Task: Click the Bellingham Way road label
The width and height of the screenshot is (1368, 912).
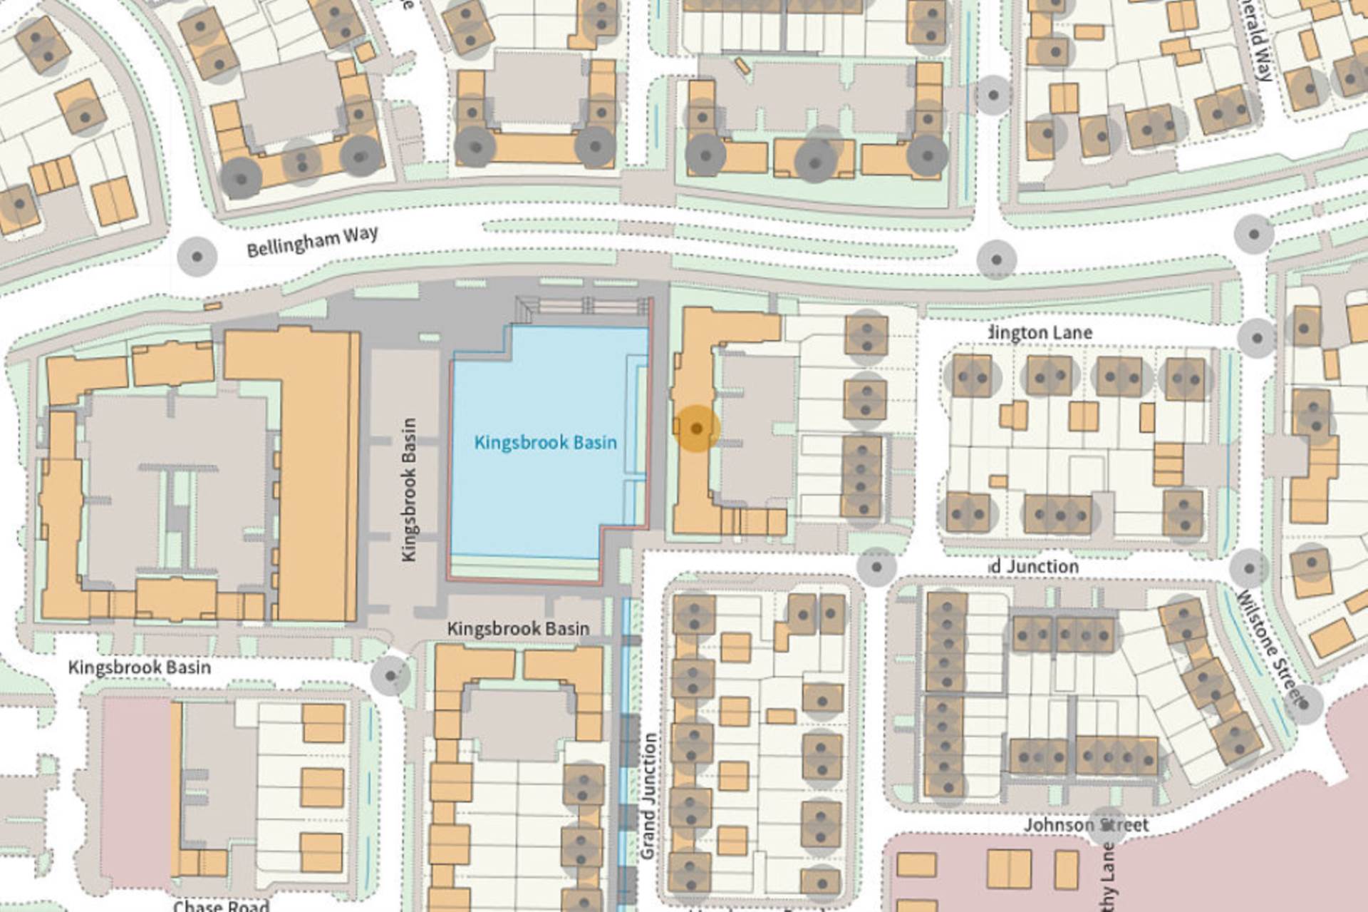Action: click(x=312, y=241)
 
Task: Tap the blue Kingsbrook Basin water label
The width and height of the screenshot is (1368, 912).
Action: click(x=545, y=443)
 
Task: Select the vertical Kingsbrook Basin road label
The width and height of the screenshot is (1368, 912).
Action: click(x=409, y=489)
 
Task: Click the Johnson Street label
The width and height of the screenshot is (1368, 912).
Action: click(x=1086, y=825)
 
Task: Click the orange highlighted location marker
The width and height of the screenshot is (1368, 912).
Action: click(x=697, y=429)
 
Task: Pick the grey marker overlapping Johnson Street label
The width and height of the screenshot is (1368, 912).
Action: click(x=1107, y=826)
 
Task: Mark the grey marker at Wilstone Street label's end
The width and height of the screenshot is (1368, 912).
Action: click(x=1303, y=704)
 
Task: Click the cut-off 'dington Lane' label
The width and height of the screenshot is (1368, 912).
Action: click(x=1040, y=332)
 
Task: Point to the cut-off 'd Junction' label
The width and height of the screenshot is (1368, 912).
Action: click(x=1034, y=566)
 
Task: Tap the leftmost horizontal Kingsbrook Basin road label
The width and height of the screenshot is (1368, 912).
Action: click(x=140, y=667)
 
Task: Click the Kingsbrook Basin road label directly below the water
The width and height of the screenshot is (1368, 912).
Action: click(x=518, y=629)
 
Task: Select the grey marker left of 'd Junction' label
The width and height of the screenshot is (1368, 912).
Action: click(x=876, y=568)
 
